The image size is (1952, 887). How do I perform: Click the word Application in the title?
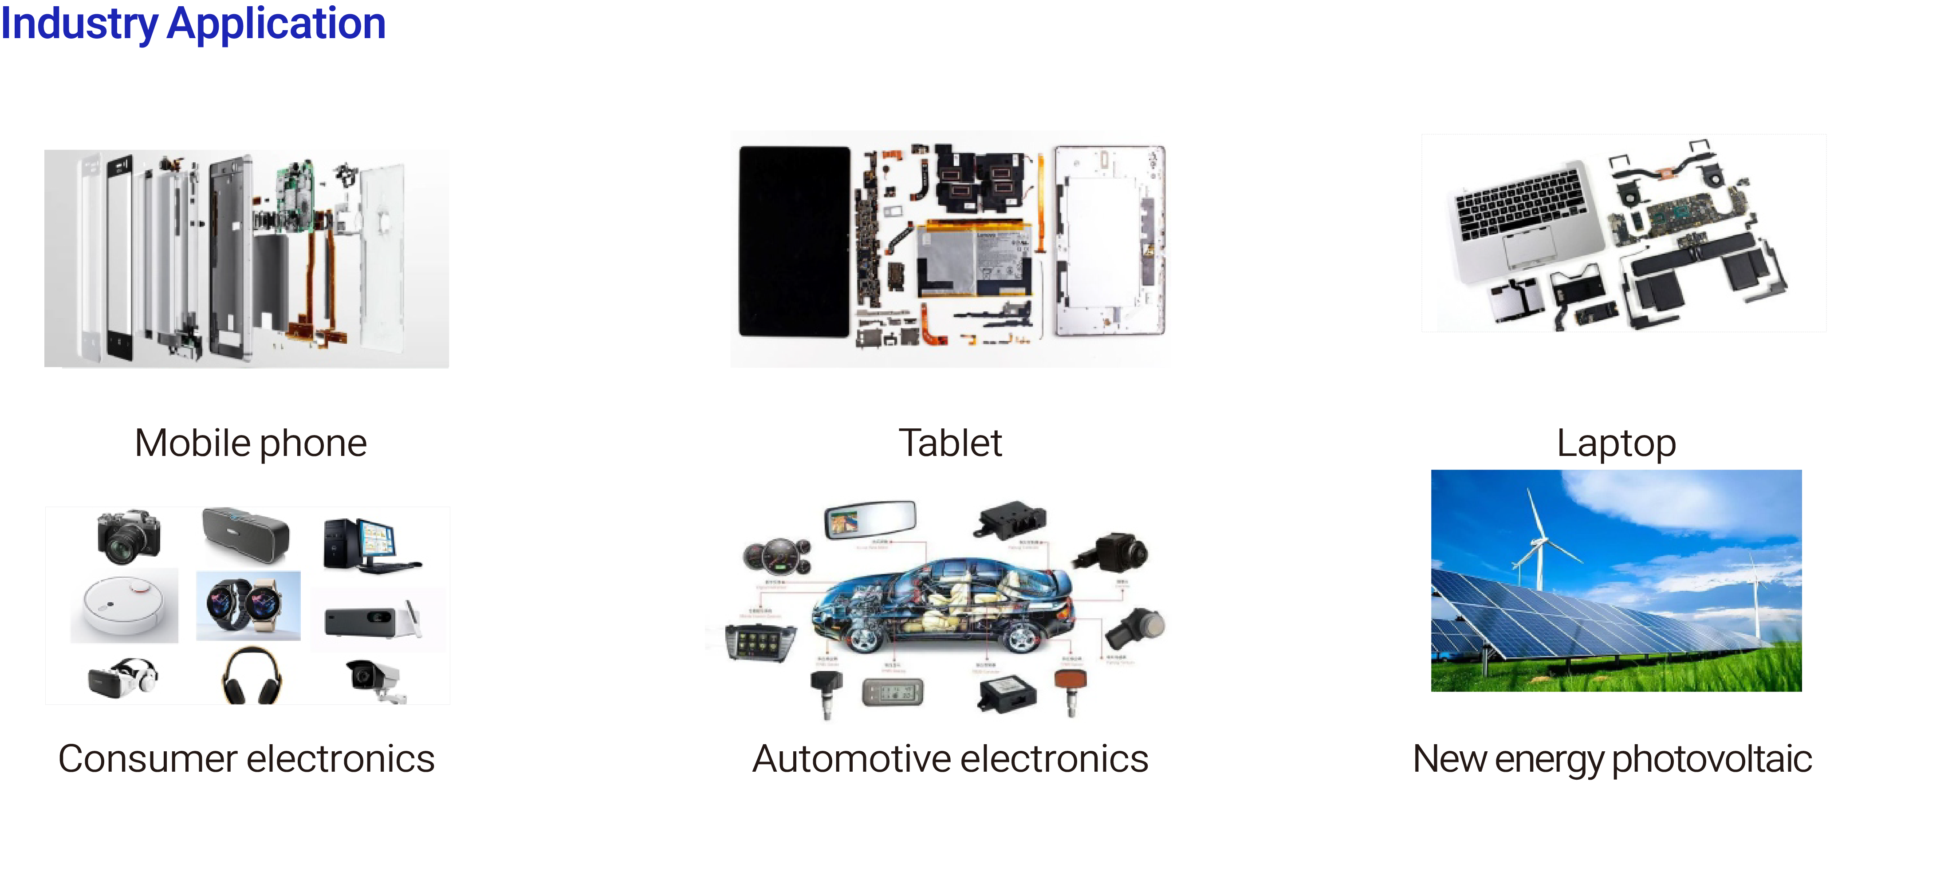click(x=276, y=24)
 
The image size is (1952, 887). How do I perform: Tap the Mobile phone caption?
click(x=250, y=443)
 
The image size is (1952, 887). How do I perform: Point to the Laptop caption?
click(x=1616, y=443)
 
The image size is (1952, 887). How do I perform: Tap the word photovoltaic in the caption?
click(x=1711, y=759)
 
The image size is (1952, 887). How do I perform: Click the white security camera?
click(x=374, y=678)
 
